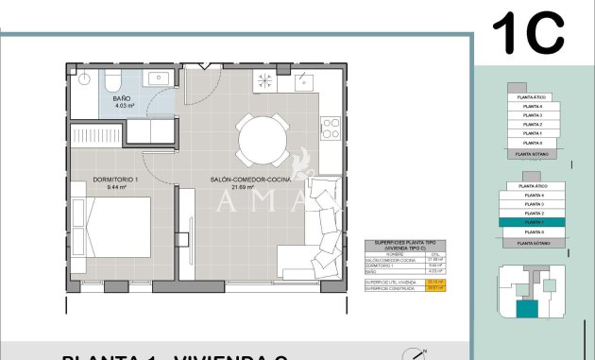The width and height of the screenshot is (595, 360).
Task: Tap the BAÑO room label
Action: [122, 98]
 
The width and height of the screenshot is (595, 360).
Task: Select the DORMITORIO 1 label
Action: [115, 179]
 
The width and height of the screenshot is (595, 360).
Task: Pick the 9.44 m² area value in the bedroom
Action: [116, 187]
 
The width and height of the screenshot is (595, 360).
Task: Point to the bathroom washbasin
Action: [159, 77]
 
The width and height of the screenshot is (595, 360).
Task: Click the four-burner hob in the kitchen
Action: [330, 127]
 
